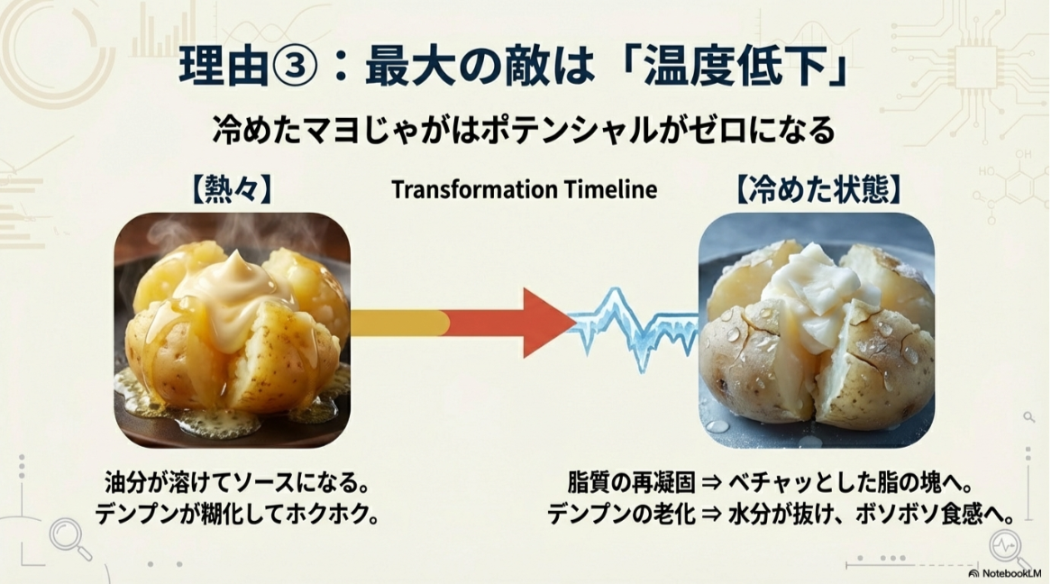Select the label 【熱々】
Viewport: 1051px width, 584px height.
coord(232,190)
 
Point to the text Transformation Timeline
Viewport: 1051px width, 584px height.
coord(524,190)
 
